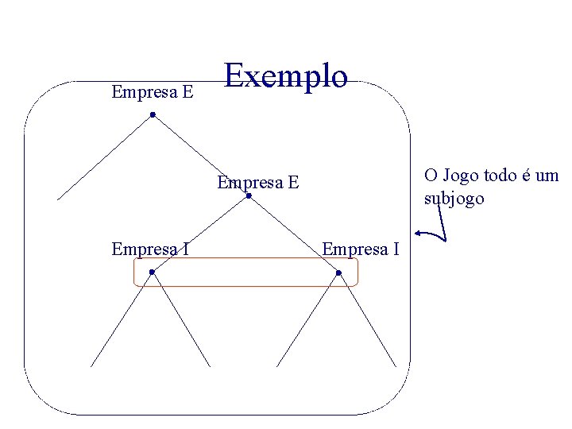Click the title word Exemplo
pyautogui.click(x=286, y=77)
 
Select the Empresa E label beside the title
pyautogui.click(x=153, y=92)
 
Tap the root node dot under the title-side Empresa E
pyautogui.click(x=153, y=115)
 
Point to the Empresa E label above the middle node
pyautogui.click(x=258, y=183)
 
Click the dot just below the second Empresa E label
pyautogui.click(x=249, y=196)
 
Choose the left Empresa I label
pyautogui.click(x=150, y=249)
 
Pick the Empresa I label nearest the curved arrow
pyautogui.click(x=360, y=249)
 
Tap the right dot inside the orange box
pyautogui.click(x=338, y=273)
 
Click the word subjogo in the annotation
pyautogui.click(x=454, y=199)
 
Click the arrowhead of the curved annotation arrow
pyautogui.click(x=419, y=234)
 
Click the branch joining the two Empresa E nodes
pyautogui.click(x=200, y=156)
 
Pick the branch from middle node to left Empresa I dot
pyautogui.click(x=200, y=234)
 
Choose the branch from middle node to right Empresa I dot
pyautogui.click(x=293, y=234)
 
